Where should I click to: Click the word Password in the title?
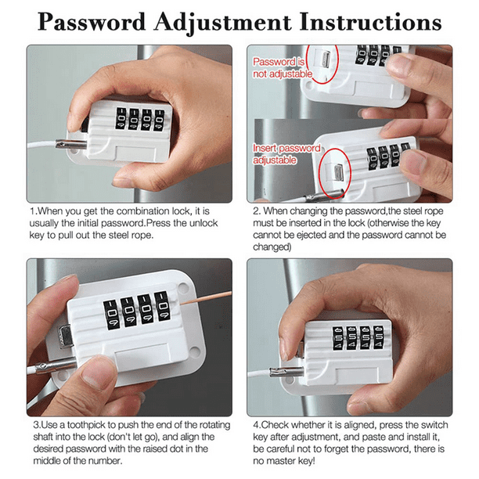(92, 22)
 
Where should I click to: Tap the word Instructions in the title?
(370, 22)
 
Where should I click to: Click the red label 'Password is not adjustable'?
(283, 68)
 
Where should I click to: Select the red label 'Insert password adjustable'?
(286, 154)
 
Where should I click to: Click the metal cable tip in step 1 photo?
(71, 144)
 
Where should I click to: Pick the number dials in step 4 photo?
(358, 337)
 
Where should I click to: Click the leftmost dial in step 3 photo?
(111, 315)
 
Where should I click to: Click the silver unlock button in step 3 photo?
(65, 337)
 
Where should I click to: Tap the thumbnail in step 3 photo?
(97, 376)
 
